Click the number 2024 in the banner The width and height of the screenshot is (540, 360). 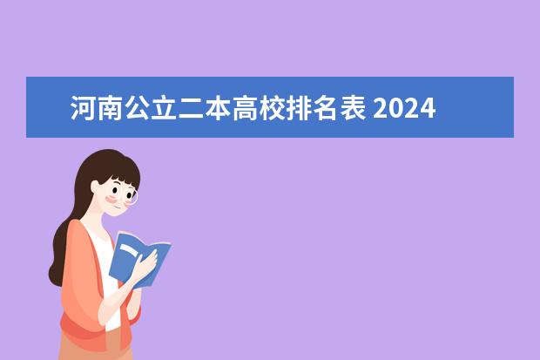click(406, 110)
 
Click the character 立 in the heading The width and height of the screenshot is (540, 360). click(159, 110)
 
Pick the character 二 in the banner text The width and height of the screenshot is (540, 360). click(184, 110)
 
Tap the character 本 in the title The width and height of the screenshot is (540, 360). click(209, 110)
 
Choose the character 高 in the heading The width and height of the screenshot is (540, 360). click(234, 110)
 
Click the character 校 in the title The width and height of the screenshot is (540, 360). click(260, 110)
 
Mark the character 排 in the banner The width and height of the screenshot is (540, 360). click(285, 110)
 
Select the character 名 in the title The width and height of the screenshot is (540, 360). click(310, 110)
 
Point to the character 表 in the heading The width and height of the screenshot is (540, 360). click(335, 110)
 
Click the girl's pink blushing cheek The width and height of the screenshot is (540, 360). click(111, 200)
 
